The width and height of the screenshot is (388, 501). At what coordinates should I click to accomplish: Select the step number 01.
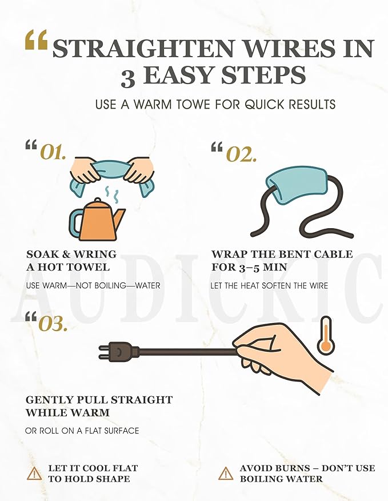tap(53, 153)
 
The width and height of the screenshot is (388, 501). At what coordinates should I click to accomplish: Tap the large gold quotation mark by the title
tap(36, 39)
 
